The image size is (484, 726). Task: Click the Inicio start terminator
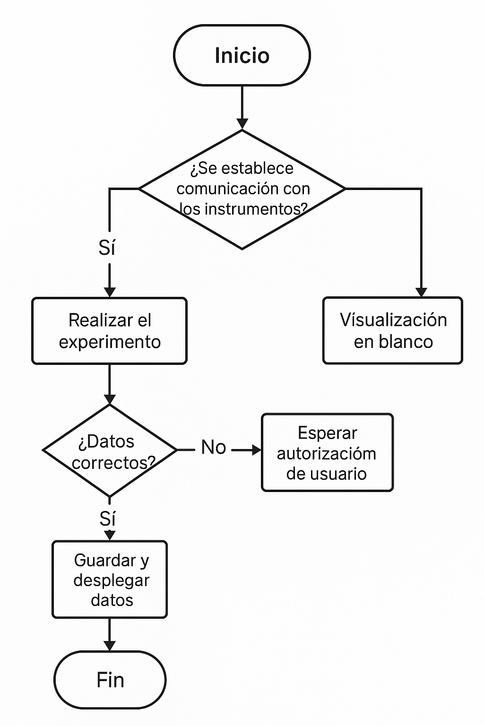(x=242, y=55)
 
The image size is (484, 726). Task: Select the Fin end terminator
(x=110, y=680)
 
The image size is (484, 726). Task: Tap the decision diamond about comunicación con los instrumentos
(x=242, y=189)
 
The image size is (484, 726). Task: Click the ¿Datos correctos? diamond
(x=110, y=450)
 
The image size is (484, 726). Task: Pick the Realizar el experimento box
(x=110, y=331)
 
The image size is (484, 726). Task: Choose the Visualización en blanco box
(x=393, y=330)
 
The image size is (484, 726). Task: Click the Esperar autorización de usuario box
(x=327, y=453)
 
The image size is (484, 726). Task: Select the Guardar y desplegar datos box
(x=110, y=579)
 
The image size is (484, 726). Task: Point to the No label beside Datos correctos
(x=213, y=447)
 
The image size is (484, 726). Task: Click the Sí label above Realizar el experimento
(x=107, y=248)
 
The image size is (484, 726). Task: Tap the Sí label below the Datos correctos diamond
(x=107, y=519)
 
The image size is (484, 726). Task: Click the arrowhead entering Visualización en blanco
(x=421, y=292)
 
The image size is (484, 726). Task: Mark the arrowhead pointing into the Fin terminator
(x=110, y=646)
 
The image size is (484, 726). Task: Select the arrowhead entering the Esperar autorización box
(x=257, y=450)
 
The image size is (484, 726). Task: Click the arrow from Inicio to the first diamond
(x=242, y=106)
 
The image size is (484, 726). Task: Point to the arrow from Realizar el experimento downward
(x=110, y=383)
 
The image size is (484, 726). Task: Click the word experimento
(x=110, y=342)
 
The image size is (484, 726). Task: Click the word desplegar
(x=112, y=580)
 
